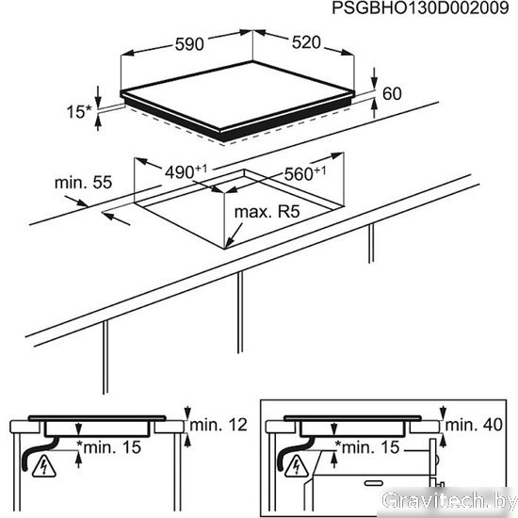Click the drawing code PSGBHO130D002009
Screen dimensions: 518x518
click(x=420, y=8)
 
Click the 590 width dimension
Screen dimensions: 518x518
click(x=189, y=44)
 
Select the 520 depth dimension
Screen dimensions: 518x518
click(x=306, y=42)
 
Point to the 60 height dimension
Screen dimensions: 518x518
click(x=392, y=93)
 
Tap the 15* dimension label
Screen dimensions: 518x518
click(x=78, y=112)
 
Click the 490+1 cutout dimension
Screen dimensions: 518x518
click(x=186, y=171)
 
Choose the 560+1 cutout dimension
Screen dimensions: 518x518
click(x=305, y=174)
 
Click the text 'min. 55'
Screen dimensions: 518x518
click(x=83, y=183)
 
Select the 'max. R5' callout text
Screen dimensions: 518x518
click(x=267, y=212)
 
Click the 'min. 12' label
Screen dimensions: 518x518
click(x=219, y=425)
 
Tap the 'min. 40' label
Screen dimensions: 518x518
click(x=474, y=425)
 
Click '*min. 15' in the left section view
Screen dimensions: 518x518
click(x=108, y=447)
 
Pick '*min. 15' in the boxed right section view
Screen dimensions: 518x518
click(x=367, y=447)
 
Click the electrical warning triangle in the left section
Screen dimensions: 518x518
click(x=43, y=467)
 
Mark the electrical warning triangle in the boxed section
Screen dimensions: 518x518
click(x=297, y=467)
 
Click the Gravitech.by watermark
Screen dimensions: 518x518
click(x=448, y=500)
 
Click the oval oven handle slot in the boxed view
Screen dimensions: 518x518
click(x=374, y=483)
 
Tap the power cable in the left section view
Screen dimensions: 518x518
click(x=39, y=453)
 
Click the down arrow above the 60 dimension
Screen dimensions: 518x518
click(x=374, y=78)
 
